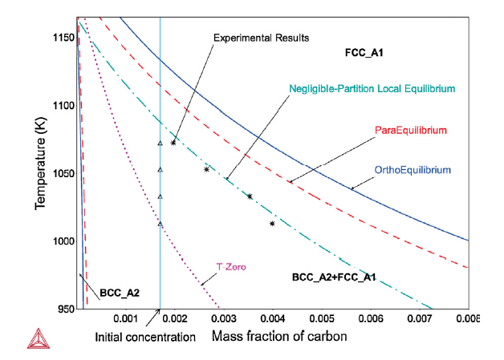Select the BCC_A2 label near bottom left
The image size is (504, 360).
[120, 293]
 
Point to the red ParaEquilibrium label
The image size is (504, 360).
[410, 129]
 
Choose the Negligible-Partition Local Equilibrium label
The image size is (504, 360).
[372, 87]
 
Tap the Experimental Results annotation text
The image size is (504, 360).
[261, 38]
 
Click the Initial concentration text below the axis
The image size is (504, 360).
[145, 337]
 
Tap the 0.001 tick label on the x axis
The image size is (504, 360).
[125, 318]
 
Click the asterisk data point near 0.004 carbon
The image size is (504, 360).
[273, 224]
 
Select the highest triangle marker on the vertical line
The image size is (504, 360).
[161, 144]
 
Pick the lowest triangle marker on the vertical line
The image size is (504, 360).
[161, 224]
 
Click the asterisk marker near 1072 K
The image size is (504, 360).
[173, 143]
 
